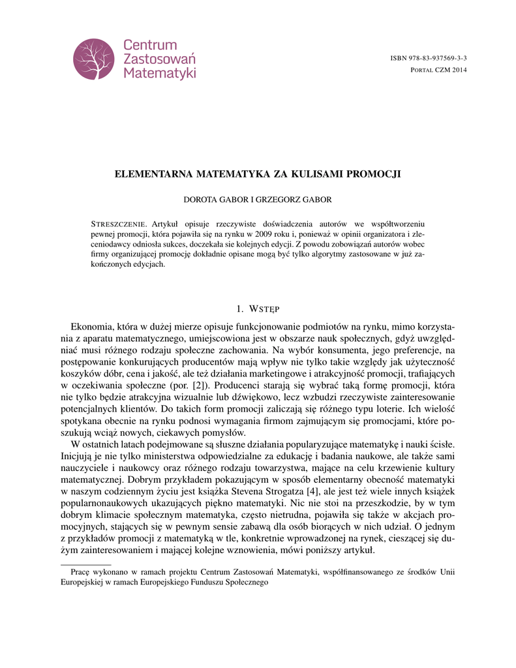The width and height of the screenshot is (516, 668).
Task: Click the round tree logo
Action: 93,59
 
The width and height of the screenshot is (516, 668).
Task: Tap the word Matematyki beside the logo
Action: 160,73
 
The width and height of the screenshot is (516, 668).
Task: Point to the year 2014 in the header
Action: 459,69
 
